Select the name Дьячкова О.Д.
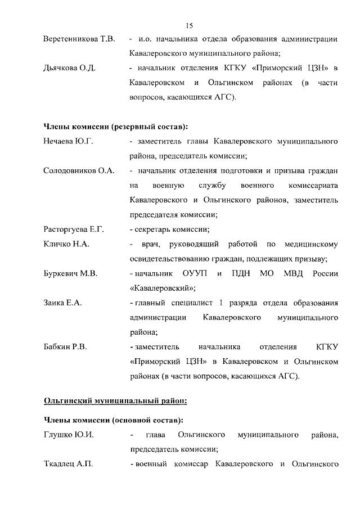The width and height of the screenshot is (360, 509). (69, 68)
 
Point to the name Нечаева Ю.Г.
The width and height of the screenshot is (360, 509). (68, 141)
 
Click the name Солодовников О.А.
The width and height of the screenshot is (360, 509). (79, 170)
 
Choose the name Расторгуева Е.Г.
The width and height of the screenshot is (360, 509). (74, 229)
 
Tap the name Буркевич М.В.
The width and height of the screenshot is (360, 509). (71, 274)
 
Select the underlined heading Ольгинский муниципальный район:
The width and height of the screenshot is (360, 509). (115, 401)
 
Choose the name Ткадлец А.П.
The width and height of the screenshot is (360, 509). (68, 464)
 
